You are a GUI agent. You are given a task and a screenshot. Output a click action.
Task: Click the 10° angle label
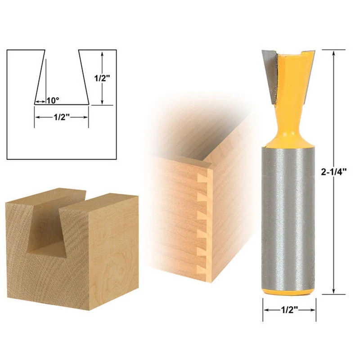(x=53, y=100)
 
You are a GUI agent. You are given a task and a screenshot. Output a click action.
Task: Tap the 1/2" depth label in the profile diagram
(x=103, y=78)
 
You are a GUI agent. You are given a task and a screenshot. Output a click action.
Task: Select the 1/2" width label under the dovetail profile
(x=61, y=117)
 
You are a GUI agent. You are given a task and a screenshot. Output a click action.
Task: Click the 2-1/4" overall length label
(x=333, y=172)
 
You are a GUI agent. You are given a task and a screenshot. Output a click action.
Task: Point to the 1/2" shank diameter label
(x=289, y=310)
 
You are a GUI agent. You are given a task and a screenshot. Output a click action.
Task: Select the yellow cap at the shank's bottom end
(x=288, y=292)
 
